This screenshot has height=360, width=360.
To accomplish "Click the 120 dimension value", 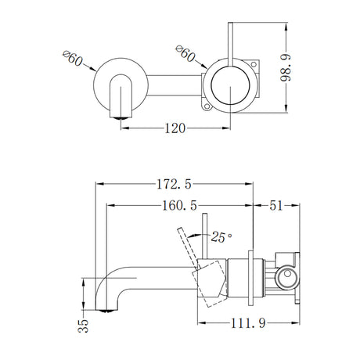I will [175, 127].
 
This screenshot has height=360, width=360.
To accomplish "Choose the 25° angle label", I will [221, 235].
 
